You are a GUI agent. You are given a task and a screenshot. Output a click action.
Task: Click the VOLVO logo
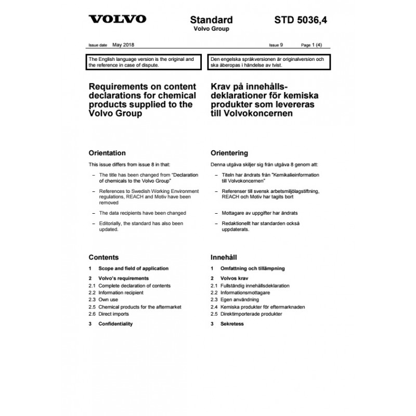coord(117,20)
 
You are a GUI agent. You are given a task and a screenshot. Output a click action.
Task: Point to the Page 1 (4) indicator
coord(315,45)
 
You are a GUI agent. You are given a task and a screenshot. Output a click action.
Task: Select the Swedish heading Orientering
coord(229,153)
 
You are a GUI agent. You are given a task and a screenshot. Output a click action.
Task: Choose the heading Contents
coord(103,257)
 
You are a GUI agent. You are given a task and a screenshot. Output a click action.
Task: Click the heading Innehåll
coord(224,257)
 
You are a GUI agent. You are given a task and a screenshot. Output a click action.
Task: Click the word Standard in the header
coord(211,20)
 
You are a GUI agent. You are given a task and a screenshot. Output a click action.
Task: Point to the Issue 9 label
coord(277,45)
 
